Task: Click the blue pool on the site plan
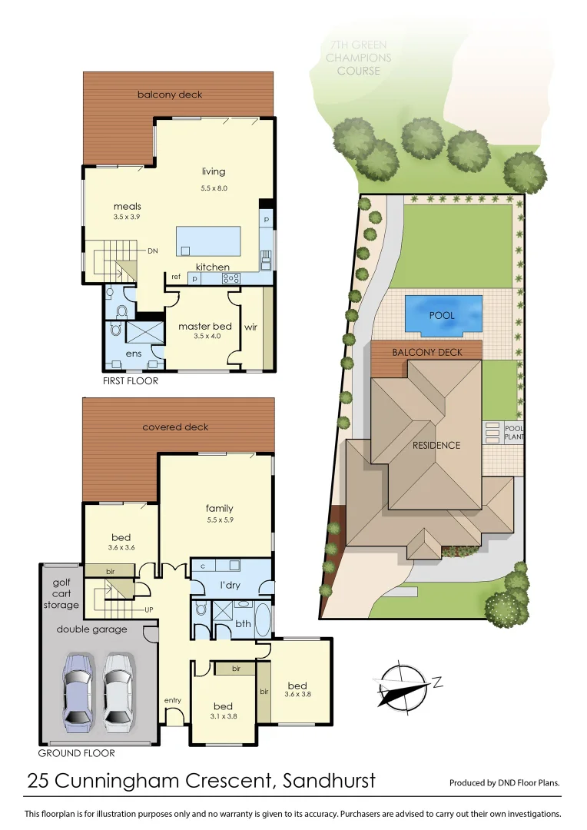tap(443, 315)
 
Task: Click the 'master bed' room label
tap(204, 327)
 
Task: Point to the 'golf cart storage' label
tap(61, 594)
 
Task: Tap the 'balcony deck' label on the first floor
tap(170, 95)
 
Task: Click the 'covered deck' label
tap(175, 427)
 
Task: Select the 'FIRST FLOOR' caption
tap(130, 380)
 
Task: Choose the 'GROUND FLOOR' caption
tap(76, 753)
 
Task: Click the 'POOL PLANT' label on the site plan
tap(514, 432)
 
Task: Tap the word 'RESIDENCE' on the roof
tap(436, 445)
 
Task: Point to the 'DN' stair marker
tap(153, 251)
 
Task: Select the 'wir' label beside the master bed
tap(250, 327)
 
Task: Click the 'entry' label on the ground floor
tap(172, 700)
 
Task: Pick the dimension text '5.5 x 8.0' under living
tap(214, 188)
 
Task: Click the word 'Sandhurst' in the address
tap(329, 782)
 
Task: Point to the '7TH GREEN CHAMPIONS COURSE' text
tap(357, 58)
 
